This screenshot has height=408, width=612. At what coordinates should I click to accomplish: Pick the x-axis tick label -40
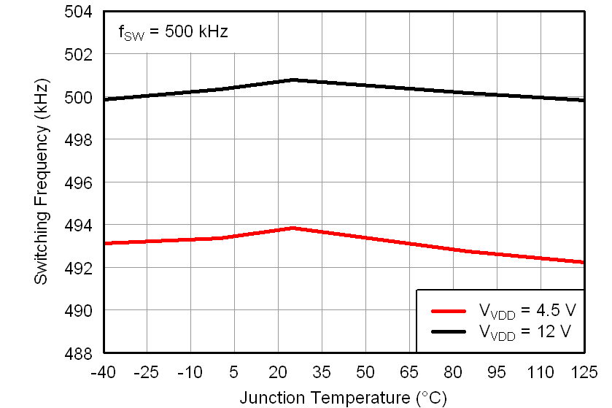point(103,372)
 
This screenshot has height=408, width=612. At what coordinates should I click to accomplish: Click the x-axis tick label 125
point(584,372)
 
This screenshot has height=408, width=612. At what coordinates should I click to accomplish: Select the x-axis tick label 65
point(409,372)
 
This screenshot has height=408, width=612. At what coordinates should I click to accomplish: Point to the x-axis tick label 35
point(322,372)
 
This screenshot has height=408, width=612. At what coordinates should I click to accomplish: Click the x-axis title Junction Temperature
point(342,398)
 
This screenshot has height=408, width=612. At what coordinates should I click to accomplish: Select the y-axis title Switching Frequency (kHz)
point(42,182)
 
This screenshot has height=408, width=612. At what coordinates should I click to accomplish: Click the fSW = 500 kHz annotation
point(173,33)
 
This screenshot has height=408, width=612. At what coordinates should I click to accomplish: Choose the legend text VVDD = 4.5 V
point(527,310)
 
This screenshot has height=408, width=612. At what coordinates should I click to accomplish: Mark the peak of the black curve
point(293,80)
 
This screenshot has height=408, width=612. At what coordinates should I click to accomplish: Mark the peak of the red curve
point(293,228)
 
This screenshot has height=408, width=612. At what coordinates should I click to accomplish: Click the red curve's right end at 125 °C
point(584,262)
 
